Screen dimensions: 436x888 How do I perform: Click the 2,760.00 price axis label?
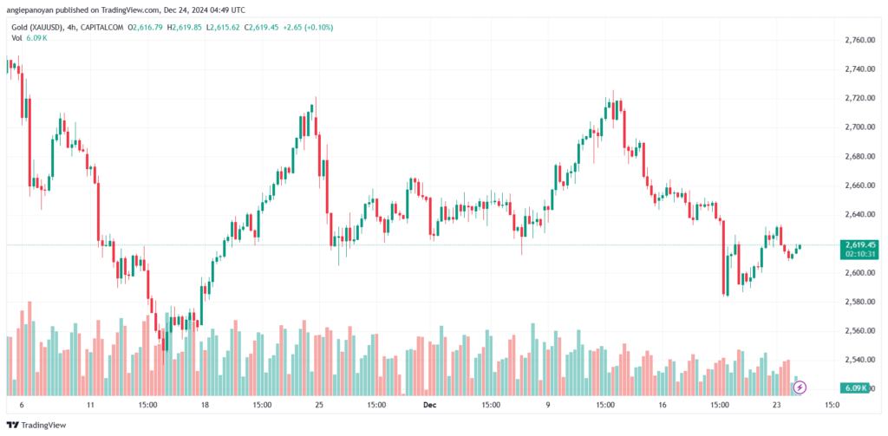856,40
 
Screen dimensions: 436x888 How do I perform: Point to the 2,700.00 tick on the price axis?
856,127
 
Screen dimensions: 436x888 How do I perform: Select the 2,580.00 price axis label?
856,302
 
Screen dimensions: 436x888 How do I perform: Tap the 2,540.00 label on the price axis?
856,360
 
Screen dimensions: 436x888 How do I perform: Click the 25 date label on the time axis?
319,404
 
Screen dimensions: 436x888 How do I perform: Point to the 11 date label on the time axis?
91,404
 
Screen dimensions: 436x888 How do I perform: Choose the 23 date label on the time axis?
777,404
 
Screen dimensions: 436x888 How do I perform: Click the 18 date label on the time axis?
206,404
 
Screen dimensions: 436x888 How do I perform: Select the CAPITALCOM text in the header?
101,27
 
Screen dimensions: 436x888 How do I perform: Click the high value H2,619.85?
189,27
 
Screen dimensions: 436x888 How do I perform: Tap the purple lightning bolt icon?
800,387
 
